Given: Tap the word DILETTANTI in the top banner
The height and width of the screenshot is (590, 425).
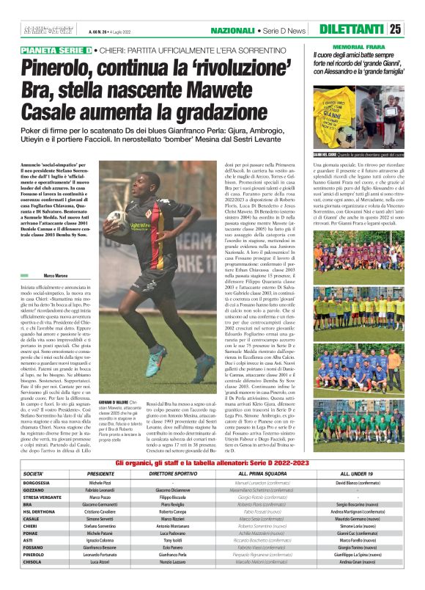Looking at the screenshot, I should pyautogui.click(x=351, y=29).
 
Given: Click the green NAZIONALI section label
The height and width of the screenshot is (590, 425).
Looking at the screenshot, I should pyautogui.click(x=232, y=30).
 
